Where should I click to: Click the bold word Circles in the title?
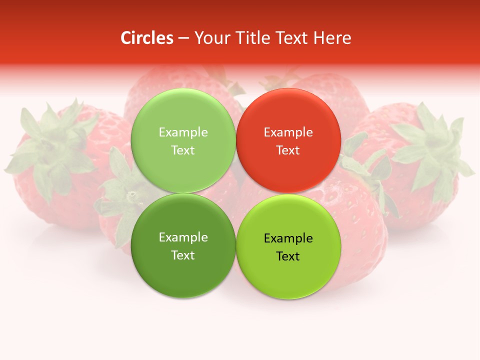tap(146, 38)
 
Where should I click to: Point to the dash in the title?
tap(183, 38)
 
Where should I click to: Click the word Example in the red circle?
tap(288, 132)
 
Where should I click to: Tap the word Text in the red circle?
tap(288, 150)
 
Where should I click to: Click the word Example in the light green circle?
tap(183, 132)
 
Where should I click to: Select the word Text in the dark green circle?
tap(183, 255)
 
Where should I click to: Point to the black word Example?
tap(288, 238)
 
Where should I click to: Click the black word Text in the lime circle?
tap(288, 256)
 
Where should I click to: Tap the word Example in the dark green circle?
tap(183, 237)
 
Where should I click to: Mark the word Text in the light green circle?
tap(183, 150)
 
